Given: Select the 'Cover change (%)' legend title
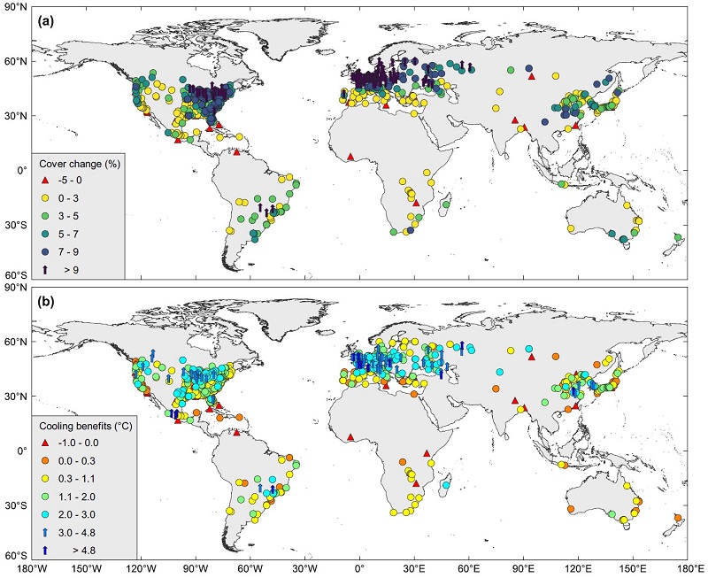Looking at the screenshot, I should pyautogui.click(x=80, y=164).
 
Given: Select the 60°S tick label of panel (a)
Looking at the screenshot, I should pyautogui.click(x=15, y=276).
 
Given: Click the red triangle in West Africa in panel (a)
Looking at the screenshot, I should pyautogui.click(x=351, y=157).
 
